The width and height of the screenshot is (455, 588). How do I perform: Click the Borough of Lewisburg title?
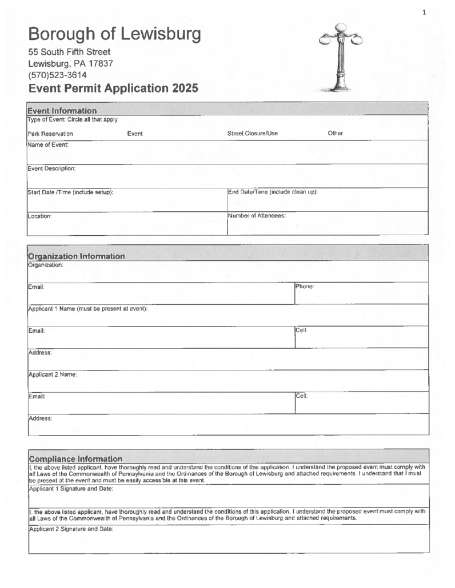pyautogui.click(x=114, y=34)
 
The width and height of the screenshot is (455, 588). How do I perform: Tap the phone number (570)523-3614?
pyautogui.click(x=58, y=75)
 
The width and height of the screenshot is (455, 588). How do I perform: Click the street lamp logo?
pyautogui.click(x=341, y=58)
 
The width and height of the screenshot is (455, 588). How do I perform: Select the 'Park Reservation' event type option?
pyautogui.click(x=50, y=134)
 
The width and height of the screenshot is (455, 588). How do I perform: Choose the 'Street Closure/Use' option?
pyautogui.click(x=253, y=134)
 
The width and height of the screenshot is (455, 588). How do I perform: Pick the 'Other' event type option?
pyautogui.click(x=335, y=134)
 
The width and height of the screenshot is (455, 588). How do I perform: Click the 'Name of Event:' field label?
pyautogui.click(x=48, y=145)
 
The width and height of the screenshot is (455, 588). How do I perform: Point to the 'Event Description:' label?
pyautogui.click(x=51, y=169)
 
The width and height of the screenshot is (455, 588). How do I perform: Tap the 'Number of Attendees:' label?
pyautogui.click(x=257, y=216)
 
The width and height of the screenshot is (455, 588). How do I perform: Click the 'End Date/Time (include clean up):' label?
pyautogui.click(x=273, y=192)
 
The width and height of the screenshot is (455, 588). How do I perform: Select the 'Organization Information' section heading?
pyautogui.click(x=77, y=256)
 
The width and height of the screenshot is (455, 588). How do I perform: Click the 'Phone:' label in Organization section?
pyautogui.click(x=305, y=286)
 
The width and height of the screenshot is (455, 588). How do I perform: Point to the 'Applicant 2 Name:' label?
pyautogui.click(x=53, y=374)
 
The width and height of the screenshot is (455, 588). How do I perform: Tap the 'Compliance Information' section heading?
pyautogui.click(x=75, y=458)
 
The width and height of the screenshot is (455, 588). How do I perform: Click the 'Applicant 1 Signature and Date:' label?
pyautogui.click(x=71, y=489)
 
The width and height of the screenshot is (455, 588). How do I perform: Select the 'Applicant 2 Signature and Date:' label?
pyautogui.click(x=71, y=529)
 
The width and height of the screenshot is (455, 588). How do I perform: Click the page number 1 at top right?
pyautogui.click(x=424, y=12)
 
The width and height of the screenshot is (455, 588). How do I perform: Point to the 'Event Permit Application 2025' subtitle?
pyautogui.click(x=113, y=88)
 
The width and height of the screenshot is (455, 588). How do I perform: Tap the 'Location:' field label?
pyautogui.click(x=40, y=216)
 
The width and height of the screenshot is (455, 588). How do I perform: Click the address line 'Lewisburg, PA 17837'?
pyautogui.click(x=71, y=63)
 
